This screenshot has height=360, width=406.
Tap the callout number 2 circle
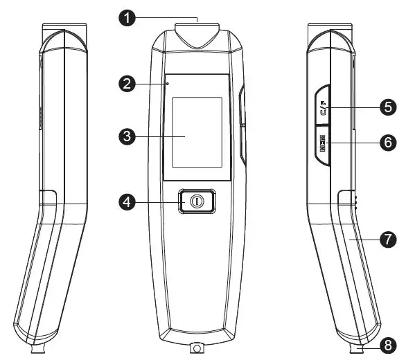(125, 84)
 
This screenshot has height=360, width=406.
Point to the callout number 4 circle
(125, 202)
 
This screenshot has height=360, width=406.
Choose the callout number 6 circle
(387, 143)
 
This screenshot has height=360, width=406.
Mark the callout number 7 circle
(387, 239)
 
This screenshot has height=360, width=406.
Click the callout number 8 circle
(387, 343)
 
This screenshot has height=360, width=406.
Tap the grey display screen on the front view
(197, 132)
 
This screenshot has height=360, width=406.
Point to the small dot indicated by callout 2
(168, 84)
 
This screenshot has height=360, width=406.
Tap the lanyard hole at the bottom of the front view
(197, 347)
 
